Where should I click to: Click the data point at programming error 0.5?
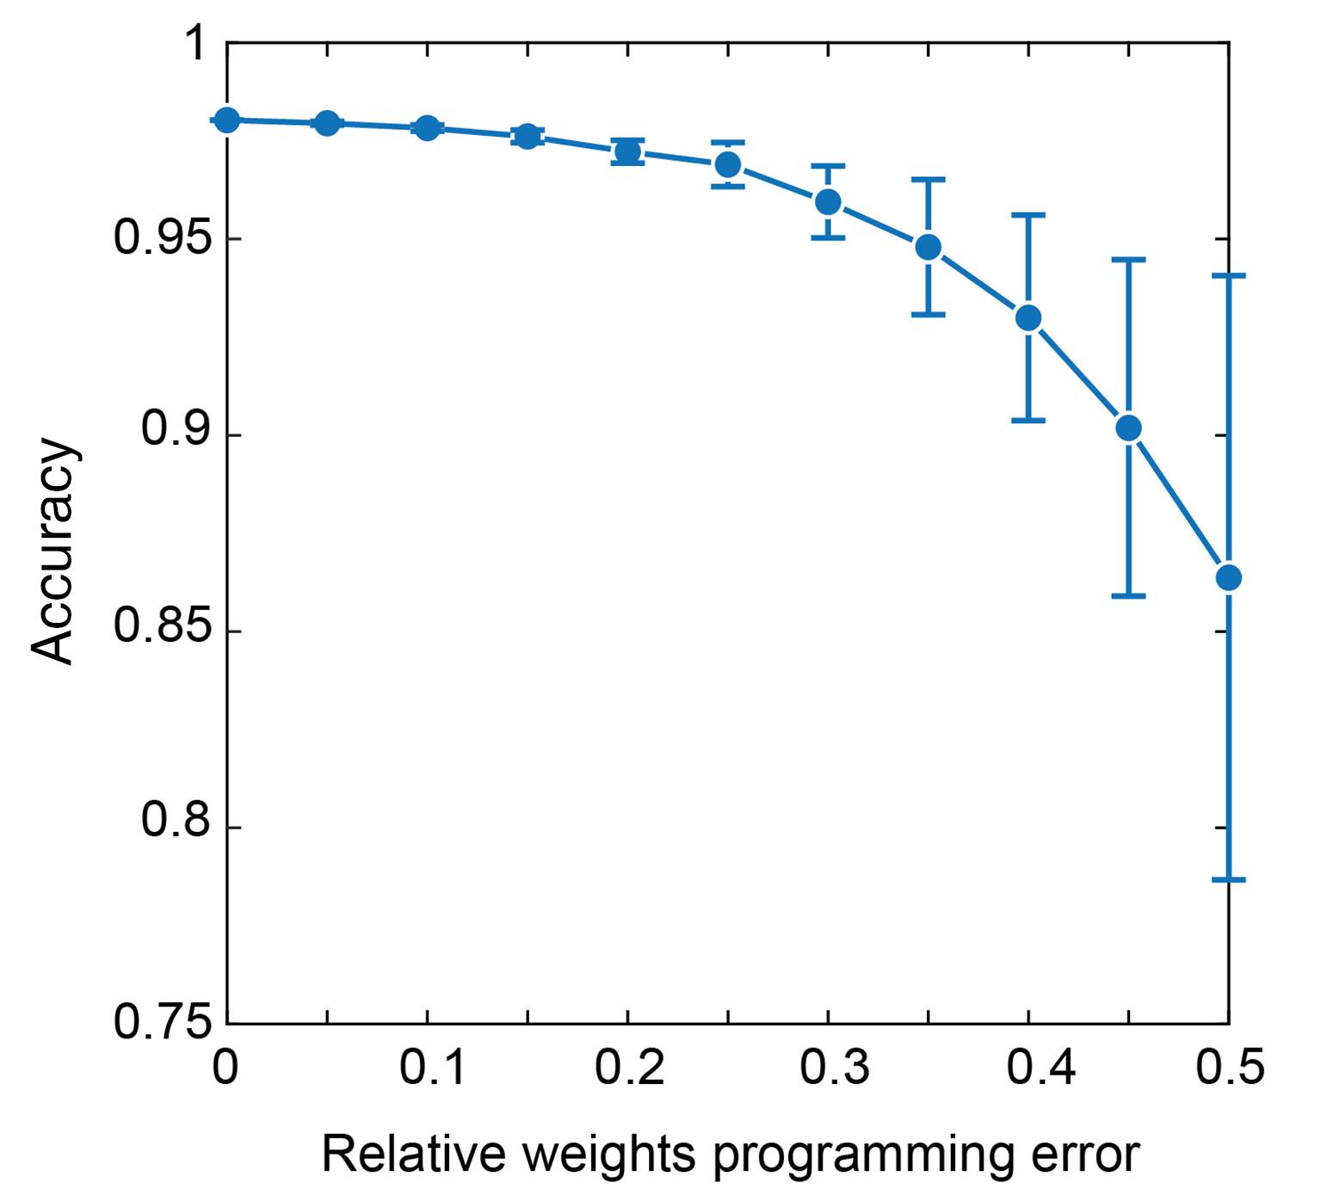(x=1228, y=577)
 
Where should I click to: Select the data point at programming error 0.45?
(x=1128, y=428)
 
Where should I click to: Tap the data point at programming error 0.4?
(x=1028, y=318)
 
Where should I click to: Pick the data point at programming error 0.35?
(x=928, y=248)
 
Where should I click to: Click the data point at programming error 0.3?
(x=828, y=201)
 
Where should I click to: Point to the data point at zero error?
(x=226, y=120)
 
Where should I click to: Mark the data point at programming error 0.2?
(x=627, y=152)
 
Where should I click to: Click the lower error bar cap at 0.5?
(x=1228, y=879)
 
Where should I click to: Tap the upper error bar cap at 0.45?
(x=1128, y=259)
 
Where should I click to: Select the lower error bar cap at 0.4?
(x=1028, y=420)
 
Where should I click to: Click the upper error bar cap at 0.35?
(x=928, y=180)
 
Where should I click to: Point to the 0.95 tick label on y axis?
(x=163, y=239)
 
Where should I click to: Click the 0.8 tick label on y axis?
(x=176, y=821)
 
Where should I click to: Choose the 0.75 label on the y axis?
(x=163, y=1023)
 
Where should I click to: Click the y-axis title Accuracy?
(x=53, y=551)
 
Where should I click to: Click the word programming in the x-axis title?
(x=861, y=1155)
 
